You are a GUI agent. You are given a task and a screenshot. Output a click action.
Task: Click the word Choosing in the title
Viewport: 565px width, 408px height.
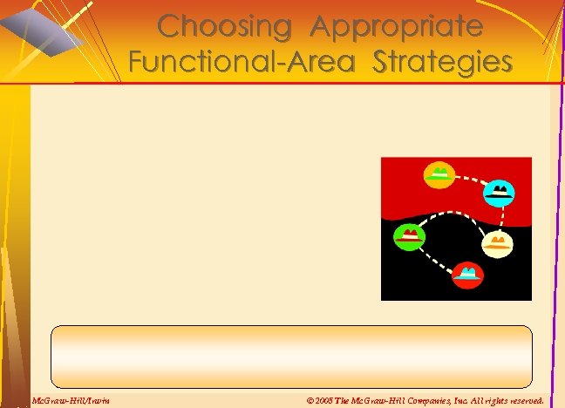[223, 26]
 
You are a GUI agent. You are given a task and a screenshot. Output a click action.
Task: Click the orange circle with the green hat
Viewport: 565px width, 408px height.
[439, 174]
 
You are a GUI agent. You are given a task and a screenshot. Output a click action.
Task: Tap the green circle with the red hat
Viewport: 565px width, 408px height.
[409, 236]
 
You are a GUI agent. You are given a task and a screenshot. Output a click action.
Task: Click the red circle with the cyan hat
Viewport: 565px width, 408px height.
[468, 275]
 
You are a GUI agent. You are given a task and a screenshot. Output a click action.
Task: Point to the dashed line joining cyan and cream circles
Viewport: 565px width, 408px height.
[494, 218]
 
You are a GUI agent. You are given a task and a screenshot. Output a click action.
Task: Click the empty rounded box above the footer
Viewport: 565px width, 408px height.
[291, 356]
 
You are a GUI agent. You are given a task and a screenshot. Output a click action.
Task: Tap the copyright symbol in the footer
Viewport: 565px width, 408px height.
[311, 400]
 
